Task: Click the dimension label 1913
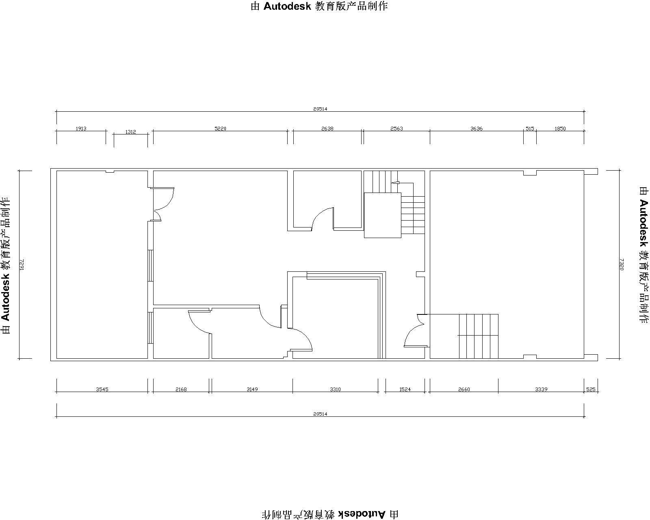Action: coord(81,128)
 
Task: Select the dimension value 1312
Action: coord(130,132)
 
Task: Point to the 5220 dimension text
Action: coord(220,128)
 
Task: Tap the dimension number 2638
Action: coord(327,128)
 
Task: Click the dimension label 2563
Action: coord(396,128)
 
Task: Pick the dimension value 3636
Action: coord(476,128)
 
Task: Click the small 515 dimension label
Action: coord(530,128)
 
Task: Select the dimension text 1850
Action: coord(560,128)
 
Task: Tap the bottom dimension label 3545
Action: coord(102,390)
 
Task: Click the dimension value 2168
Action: coord(181,390)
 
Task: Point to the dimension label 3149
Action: coord(252,390)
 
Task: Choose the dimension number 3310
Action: coord(335,390)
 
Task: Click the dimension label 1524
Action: coord(405,390)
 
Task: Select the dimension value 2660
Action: coord(464,390)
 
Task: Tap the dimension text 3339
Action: coord(541,390)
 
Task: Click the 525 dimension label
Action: coord(591,390)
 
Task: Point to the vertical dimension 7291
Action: coord(22,264)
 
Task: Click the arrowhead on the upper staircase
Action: coord(395,182)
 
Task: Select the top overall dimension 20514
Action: coord(320,109)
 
